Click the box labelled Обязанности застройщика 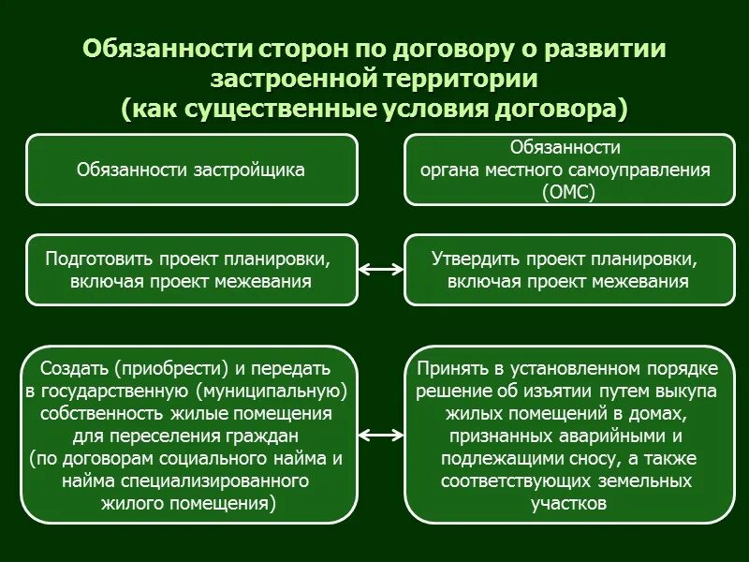point(191,170)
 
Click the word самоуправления point(639,170)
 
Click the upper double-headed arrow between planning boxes point(380,270)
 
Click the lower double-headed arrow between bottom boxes point(380,435)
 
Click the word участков point(568,504)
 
